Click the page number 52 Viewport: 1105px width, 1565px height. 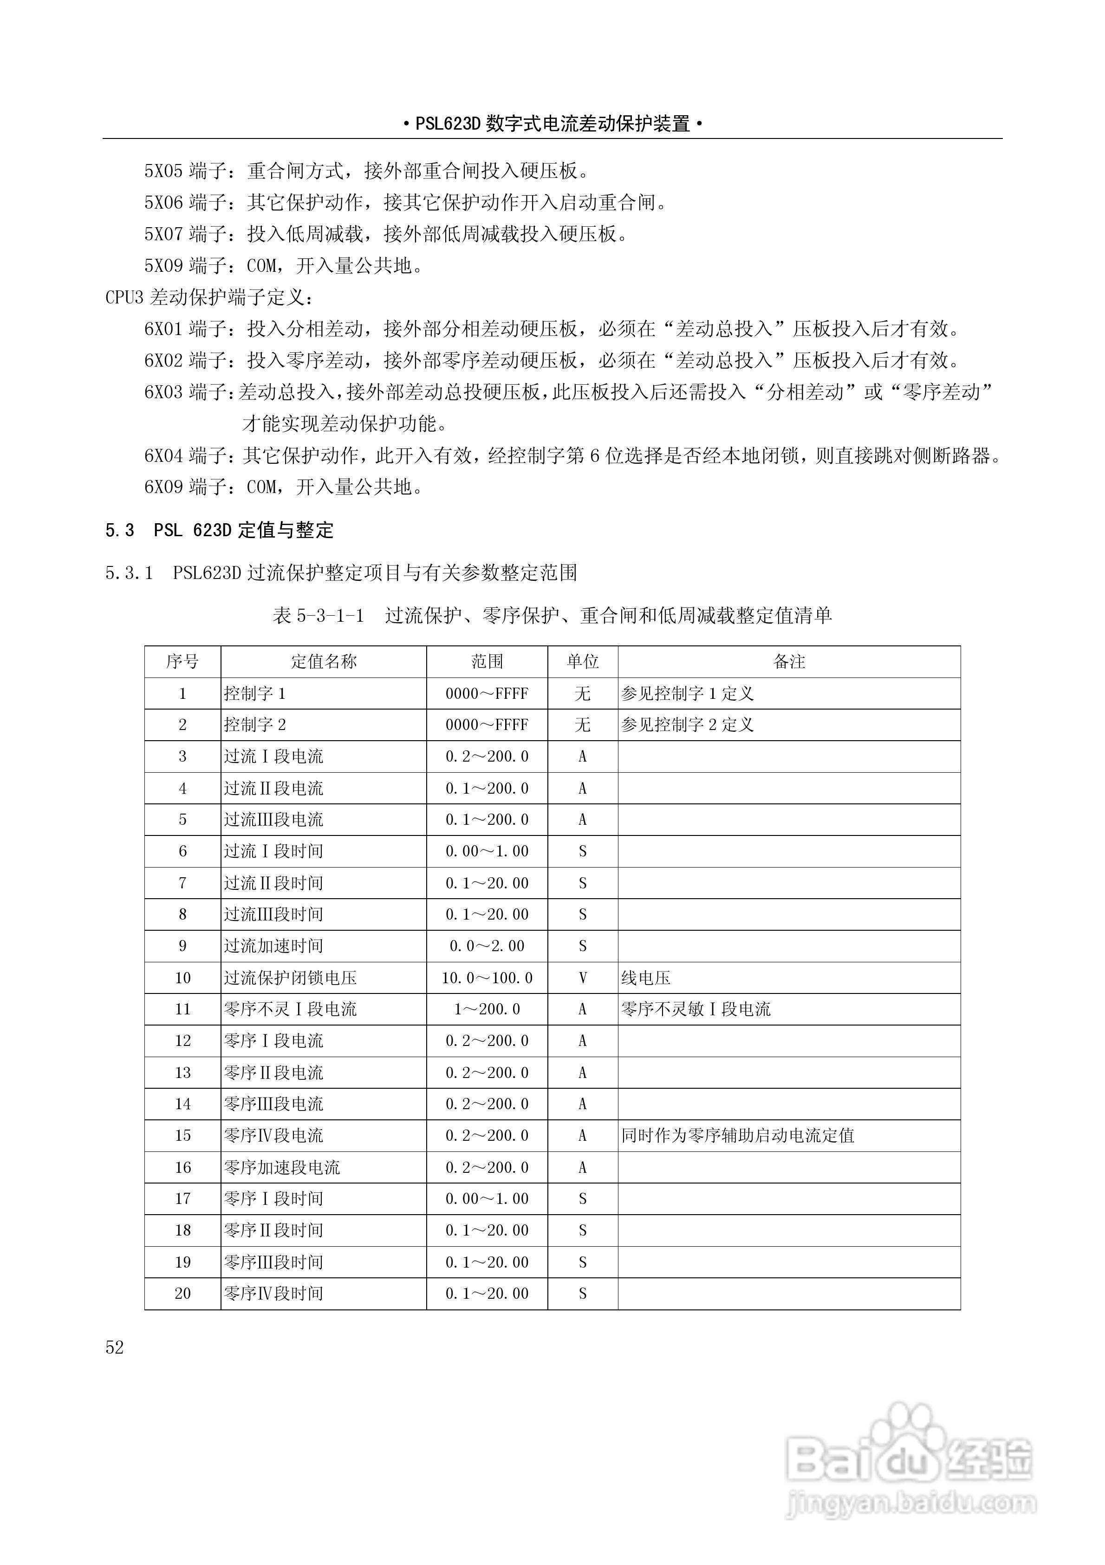coord(115,1348)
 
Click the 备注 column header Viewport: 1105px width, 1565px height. coord(789,661)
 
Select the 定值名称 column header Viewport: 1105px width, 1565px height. coord(324,661)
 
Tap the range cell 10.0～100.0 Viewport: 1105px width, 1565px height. coord(487,978)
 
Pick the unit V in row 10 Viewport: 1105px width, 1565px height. coord(583,978)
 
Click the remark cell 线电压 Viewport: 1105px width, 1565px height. coord(646,978)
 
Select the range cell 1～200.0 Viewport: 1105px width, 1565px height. coord(487,1009)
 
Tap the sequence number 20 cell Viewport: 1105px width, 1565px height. coord(182,1294)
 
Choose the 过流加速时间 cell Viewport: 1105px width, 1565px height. coord(274,946)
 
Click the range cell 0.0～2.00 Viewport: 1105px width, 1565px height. coord(487,946)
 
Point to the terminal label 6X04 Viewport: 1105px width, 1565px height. coord(163,455)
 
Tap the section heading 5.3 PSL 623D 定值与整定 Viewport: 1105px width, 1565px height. coord(219,530)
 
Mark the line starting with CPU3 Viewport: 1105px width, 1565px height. coord(210,297)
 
